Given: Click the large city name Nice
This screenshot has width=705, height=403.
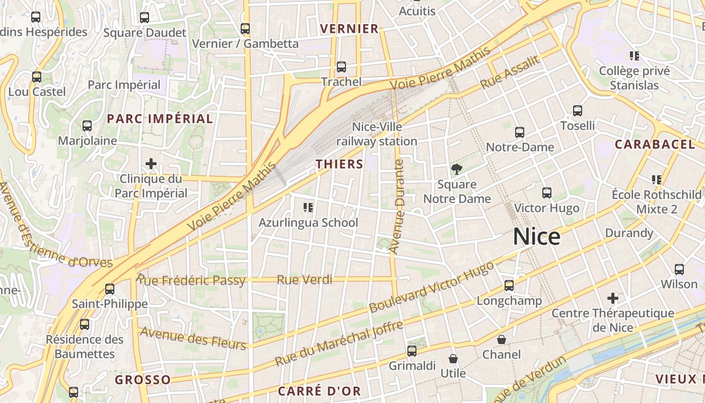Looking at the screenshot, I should (x=536, y=237).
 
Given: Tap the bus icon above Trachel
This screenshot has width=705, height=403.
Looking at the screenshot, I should (x=341, y=67).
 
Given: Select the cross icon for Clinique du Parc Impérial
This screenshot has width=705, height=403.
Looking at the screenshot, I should (x=151, y=164).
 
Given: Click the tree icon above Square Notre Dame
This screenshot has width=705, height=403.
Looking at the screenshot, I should (x=457, y=169).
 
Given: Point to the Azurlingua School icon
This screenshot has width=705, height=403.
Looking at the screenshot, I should (x=308, y=208).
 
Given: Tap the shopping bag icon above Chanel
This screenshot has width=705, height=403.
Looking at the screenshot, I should (x=502, y=340).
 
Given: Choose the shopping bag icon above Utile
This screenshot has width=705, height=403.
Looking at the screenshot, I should (x=453, y=359).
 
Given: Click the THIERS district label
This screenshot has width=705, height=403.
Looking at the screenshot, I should (x=339, y=164).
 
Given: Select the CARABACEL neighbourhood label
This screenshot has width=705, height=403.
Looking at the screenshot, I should (x=655, y=145).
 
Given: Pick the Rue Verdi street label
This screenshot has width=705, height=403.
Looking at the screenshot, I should (x=305, y=280).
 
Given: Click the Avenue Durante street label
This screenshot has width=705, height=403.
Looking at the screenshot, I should (x=398, y=207).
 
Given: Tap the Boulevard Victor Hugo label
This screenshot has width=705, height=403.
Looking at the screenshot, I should (x=431, y=287).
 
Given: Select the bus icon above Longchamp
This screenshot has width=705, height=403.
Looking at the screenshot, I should (x=509, y=286).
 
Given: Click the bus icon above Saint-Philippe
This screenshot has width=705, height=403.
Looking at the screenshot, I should (x=110, y=289).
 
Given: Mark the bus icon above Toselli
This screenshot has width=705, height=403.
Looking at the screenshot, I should (x=578, y=111).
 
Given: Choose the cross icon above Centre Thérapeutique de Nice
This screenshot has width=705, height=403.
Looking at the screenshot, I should (x=612, y=298).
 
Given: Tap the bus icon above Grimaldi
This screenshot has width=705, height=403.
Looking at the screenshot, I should (x=412, y=351).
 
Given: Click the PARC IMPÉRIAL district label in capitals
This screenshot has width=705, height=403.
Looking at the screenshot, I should (x=160, y=119).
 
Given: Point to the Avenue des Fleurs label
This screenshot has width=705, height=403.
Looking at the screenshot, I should (x=193, y=338).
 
